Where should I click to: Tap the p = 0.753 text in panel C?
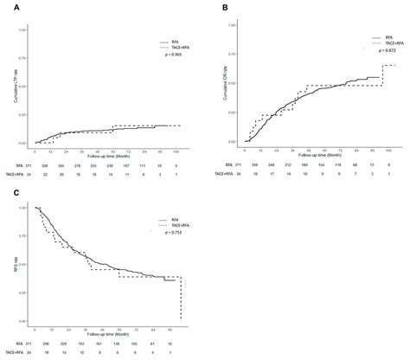pos(174,232)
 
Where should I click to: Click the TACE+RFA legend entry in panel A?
pos(172,47)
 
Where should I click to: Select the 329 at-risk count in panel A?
pos(54,164)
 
